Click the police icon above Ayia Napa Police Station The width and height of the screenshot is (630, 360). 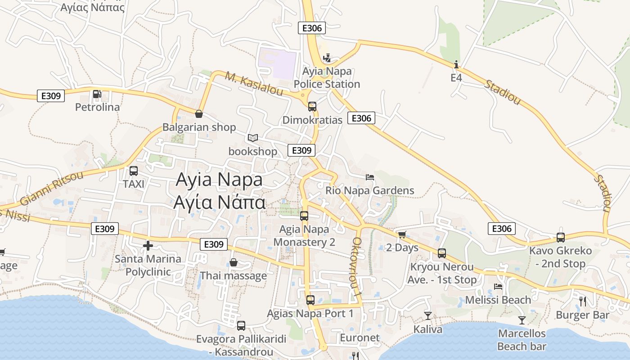coord(327,58)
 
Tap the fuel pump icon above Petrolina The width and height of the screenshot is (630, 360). coord(97,94)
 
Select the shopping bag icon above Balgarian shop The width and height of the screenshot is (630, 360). coord(198,114)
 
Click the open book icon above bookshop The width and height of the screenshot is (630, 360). coord(253,138)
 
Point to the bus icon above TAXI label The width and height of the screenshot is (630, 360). coord(134,171)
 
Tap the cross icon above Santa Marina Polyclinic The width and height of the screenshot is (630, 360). coord(148,246)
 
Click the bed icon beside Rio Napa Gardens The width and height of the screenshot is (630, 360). coord(370,177)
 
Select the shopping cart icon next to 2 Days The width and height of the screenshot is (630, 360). coord(402,234)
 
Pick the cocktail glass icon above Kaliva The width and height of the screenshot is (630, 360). coord(427,316)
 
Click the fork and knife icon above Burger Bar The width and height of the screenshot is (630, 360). coord(583,301)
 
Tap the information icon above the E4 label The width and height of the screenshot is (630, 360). coord(456,65)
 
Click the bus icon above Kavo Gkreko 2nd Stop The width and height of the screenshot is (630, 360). coord(561,237)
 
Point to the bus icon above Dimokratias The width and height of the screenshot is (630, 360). coord(312,107)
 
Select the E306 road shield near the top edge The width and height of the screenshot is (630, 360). coord(312,28)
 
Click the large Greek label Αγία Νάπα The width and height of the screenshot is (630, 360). coord(220,202)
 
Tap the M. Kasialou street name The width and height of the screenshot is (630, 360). coord(254,84)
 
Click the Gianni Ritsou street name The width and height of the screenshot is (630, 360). coord(52,188)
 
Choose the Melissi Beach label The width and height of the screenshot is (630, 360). coord(498,300)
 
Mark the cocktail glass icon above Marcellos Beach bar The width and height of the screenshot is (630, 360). coord(522,320)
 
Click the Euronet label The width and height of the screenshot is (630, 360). coord(360,337)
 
